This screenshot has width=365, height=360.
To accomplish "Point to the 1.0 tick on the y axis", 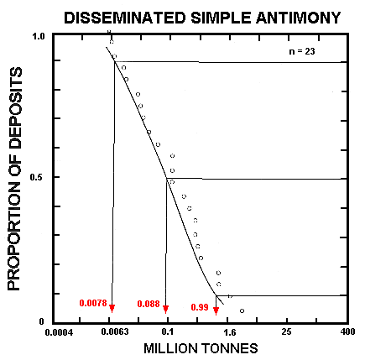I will [38, 38].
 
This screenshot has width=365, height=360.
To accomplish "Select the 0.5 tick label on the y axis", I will [38, 177].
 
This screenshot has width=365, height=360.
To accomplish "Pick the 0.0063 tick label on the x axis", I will [111, 333].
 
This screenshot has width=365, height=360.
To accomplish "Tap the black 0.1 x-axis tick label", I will [168, 333].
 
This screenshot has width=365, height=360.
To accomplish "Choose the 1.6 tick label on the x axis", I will [229, 333].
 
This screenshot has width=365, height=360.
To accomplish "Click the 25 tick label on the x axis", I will [288, 333].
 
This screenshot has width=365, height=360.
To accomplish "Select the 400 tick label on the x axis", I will [347, 333].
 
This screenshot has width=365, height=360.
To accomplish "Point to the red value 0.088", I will [149, 303].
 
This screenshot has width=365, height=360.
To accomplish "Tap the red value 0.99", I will [201, 307].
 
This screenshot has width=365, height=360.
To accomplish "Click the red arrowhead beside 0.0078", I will [112, 308].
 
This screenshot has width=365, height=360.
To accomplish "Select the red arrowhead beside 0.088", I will [166, 308].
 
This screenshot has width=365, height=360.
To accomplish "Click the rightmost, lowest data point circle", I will [242, 311].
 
